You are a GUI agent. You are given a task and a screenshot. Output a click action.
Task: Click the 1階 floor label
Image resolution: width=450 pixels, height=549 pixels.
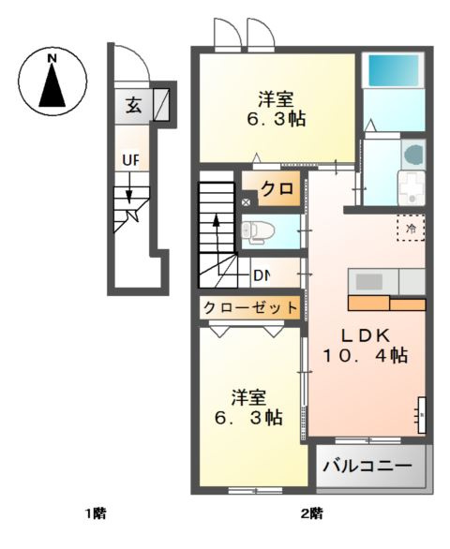[95, 512]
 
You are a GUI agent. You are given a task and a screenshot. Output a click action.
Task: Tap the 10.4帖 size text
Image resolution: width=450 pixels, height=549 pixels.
[365, 355]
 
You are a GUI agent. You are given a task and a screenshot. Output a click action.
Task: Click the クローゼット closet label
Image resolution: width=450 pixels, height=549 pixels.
[250, 307]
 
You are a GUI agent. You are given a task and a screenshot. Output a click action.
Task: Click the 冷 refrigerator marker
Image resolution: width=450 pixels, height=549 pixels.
[410, 227]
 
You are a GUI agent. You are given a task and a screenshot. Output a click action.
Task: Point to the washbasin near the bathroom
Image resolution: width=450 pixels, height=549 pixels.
[414, 156]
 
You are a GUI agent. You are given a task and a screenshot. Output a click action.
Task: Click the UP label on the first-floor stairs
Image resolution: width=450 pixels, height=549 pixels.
[130, 160]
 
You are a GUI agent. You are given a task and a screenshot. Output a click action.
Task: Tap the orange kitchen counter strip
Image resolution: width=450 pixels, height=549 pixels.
[386, 303]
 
